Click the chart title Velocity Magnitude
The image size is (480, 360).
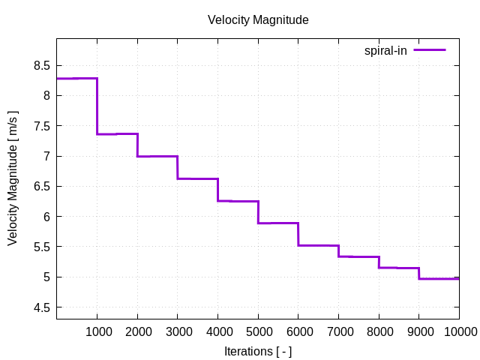click(x=258, y=20)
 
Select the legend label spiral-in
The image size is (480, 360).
click(x=385, y=50)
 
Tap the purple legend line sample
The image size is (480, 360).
click(x=429, y=50)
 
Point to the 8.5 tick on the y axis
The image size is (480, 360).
click(x=41, y=66)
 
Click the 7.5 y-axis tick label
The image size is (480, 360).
click(x=41, y=126)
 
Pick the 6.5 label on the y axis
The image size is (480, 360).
click(x=41, y=187)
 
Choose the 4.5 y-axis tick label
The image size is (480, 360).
click(x=41, y=307)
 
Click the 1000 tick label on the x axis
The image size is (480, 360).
click(x=97, y=331)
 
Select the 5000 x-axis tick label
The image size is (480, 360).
click(x=258, y=331)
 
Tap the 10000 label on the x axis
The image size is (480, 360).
click(x=459, y=331)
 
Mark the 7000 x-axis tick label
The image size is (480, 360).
click(x=338, y=331)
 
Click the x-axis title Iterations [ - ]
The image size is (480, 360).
click(x=258, y=351)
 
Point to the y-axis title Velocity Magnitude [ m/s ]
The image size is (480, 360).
click(x=13, y=178)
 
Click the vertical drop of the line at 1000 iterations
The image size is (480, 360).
click(x=97, y=106)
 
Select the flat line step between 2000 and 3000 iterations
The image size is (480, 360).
click(x=157, y=156)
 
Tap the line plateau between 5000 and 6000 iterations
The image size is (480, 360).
click(x=278, y=223)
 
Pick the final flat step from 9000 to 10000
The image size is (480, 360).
click(x=439, y=278)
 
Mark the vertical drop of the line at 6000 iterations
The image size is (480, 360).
click(x=298, y=234)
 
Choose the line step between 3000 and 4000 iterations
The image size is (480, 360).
click(x=197, y=178)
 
